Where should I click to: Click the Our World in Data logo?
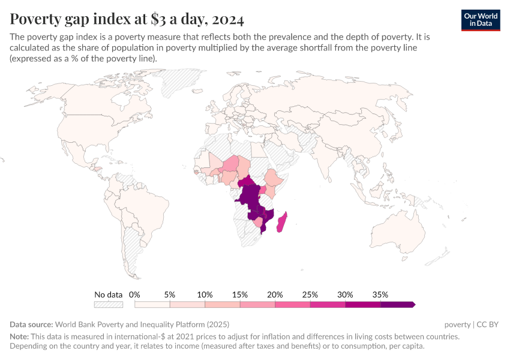481,19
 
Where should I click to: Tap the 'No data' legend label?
108,295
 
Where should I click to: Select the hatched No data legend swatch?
109,305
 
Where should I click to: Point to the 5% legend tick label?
170,295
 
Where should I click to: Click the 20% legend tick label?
275,295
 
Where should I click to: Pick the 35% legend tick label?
380,295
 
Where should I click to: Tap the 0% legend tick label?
134,295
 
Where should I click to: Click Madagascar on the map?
281,221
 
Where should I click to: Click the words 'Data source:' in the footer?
31,325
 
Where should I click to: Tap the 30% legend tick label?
345,295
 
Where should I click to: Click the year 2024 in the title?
227,19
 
